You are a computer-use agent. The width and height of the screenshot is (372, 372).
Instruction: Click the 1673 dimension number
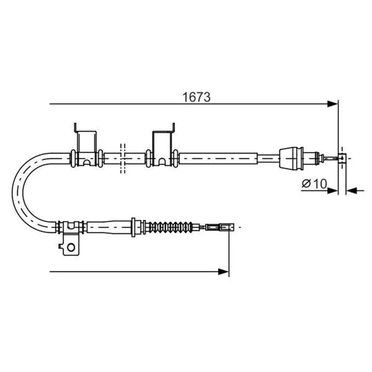(196, 97)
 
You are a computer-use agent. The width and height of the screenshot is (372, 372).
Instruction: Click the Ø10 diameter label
(314, 184)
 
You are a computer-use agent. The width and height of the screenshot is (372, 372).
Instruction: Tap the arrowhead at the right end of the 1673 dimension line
(332, 104)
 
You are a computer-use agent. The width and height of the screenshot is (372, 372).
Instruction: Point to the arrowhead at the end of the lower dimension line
(224, 272)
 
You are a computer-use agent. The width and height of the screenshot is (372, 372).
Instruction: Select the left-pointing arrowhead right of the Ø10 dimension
(352, 190)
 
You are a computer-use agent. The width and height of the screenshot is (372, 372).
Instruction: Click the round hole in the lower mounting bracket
(71, 248)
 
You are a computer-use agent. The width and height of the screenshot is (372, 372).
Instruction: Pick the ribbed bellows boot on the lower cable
(170, 227)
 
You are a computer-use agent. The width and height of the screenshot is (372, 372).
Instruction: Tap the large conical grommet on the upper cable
(291, 158)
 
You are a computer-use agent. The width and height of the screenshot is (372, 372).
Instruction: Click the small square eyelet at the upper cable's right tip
(342, 158)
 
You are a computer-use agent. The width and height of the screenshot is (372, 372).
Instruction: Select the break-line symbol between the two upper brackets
(123, 159)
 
